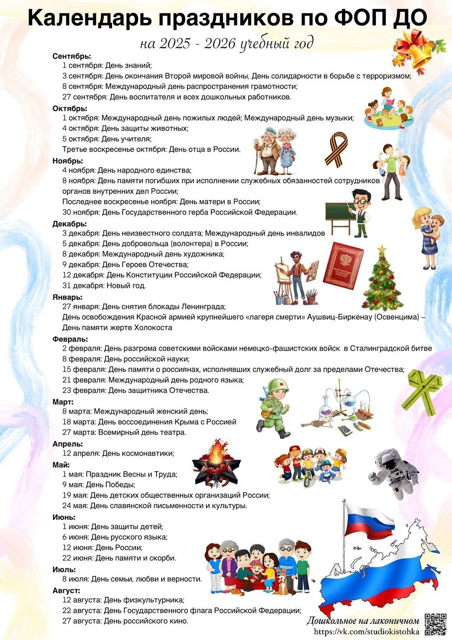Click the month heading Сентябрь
click(72, 56)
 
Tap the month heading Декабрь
click(69, 224)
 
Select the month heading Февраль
click(70, 339)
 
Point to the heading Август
click(66, 591)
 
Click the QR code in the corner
click(435, 624)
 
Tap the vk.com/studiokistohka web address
click(366, 632)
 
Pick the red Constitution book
click(343, 266)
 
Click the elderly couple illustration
click(276, 151)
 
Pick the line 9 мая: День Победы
click(99, 485)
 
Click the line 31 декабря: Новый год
click(104, 286)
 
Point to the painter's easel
click(282, 278)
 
